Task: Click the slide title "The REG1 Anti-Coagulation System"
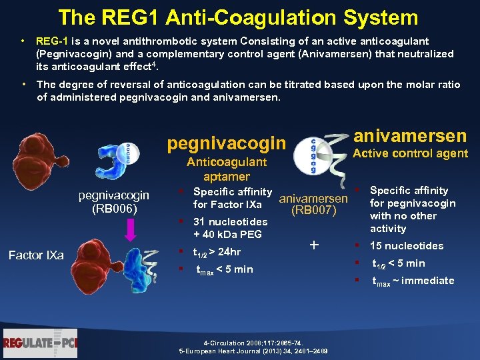click(238, 17)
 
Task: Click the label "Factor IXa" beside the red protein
click(35, 255)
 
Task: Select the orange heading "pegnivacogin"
click(226, 143)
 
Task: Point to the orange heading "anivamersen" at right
click(409, 136)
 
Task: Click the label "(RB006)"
click(114, 209)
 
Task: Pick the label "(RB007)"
click(313, 211)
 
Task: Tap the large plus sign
click(314, 245)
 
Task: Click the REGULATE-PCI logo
click(40, 343)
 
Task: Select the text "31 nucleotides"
click(230, 222)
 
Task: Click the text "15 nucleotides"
click(407, 245)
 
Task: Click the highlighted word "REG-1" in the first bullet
click(50, 41)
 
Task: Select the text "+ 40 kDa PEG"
click(227, 235)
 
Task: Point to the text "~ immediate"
click(427, 281)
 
